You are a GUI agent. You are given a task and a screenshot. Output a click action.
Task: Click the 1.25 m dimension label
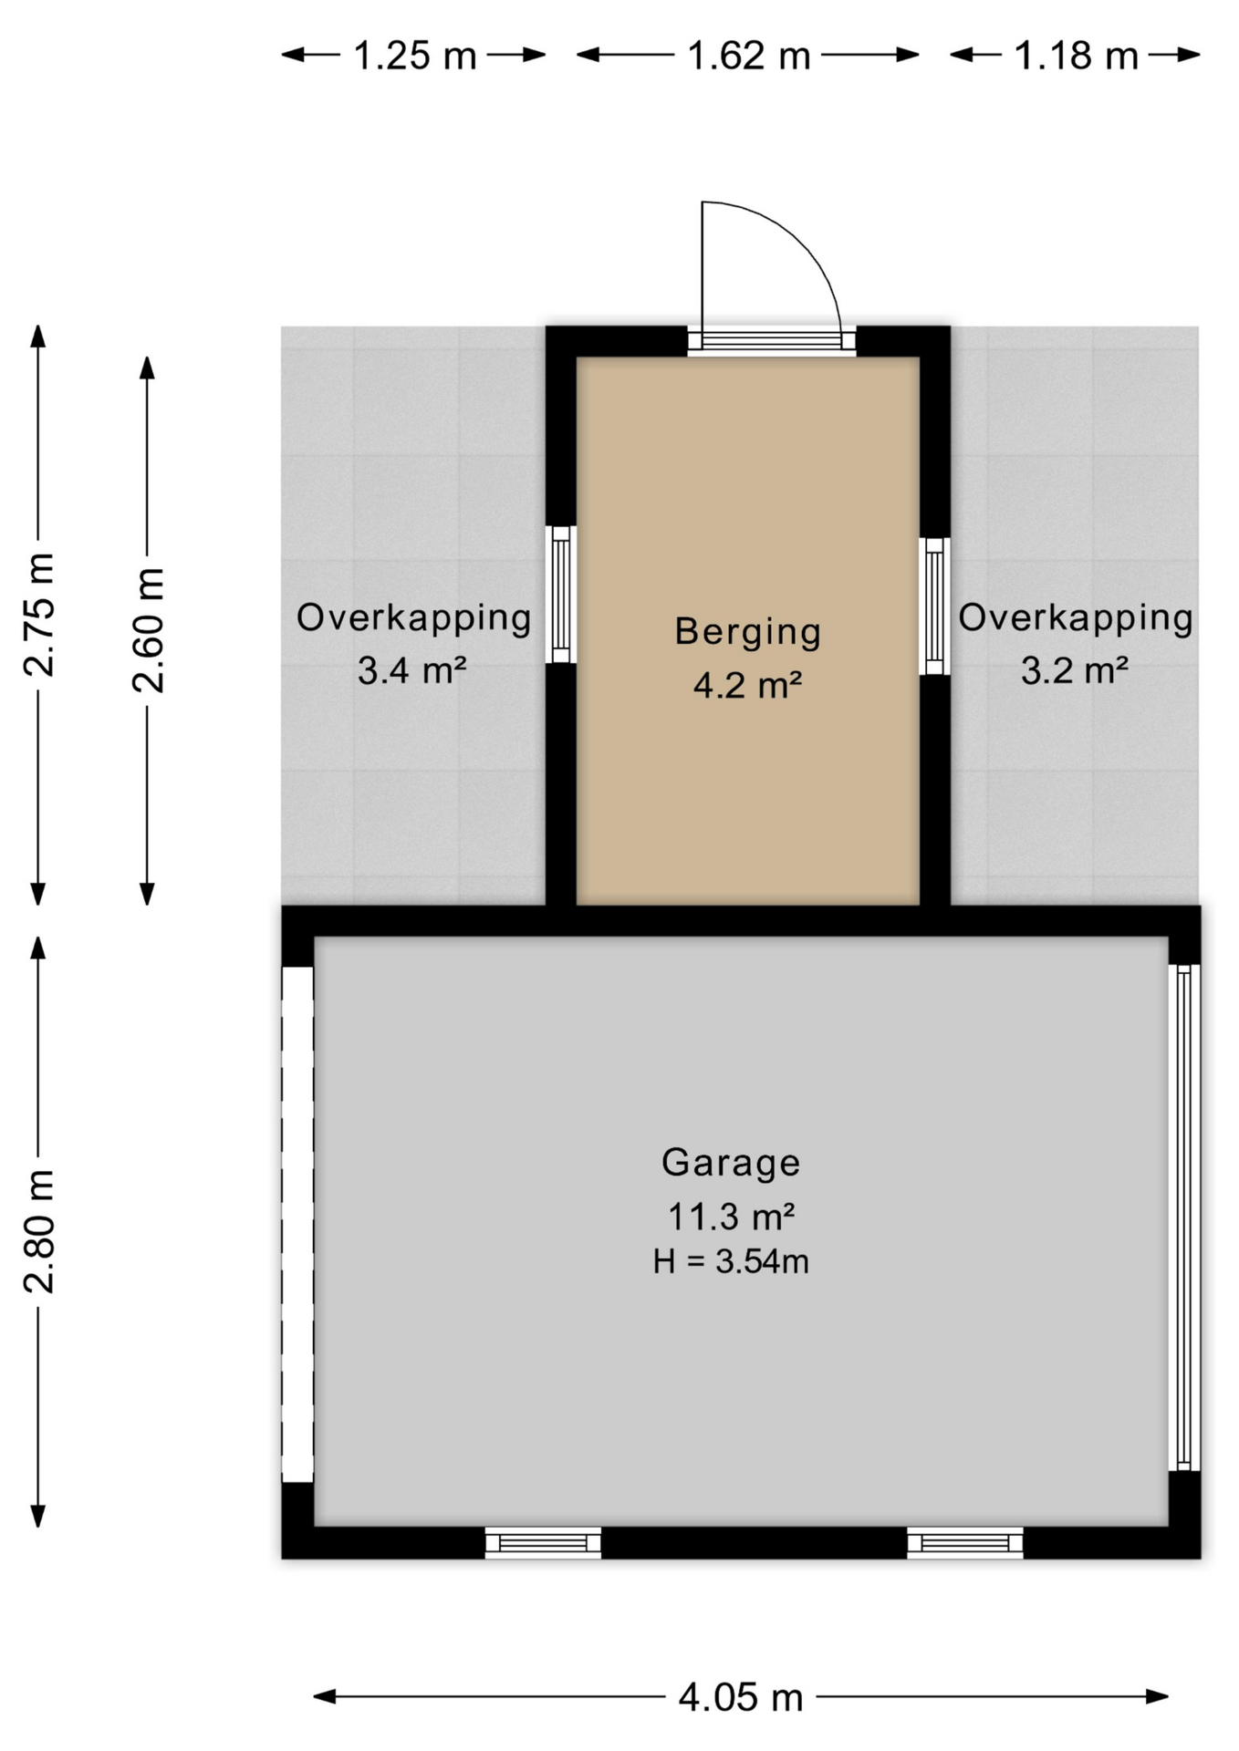(414, 56)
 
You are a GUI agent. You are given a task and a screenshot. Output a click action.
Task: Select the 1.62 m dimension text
(748, 56)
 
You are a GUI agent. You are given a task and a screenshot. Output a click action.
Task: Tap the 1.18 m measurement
(1076, 56)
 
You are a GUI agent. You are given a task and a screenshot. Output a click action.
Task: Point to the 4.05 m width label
(740, 1697)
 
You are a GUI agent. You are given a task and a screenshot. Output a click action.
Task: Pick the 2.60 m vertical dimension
(148, 629)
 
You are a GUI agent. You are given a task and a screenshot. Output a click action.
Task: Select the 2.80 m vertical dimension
(39, 1230)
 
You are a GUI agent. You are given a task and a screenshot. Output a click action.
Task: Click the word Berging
(747, 631)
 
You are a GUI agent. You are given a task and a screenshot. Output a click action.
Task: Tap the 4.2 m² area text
(747, 685)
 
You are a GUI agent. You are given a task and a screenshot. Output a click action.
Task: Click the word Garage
(731, 1162)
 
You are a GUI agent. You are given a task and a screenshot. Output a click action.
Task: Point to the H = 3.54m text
(731, 1261)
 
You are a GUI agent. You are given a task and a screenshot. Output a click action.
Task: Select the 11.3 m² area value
(731, 1216)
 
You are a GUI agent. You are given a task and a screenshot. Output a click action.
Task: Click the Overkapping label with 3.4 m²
(413, 617)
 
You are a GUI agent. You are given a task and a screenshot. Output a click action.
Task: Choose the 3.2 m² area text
(1074, 670)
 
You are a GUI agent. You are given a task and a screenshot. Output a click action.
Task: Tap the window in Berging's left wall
(561, 594)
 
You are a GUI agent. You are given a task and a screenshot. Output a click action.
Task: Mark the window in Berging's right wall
(934, 606)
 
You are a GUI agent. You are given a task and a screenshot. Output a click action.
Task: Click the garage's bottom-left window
(543, 1543)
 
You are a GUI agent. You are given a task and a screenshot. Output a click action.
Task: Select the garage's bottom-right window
(964, 1543)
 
